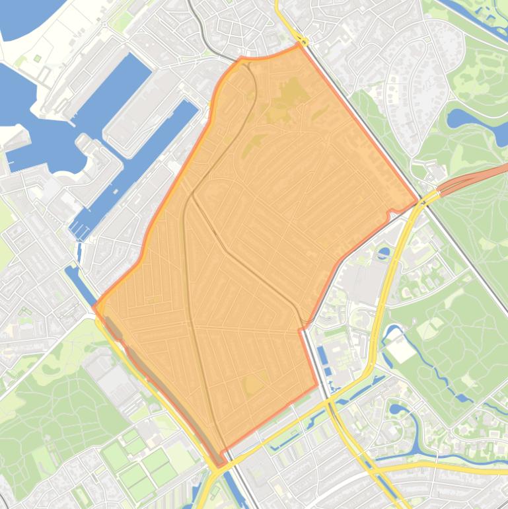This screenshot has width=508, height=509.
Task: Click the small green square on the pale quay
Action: [x=38, y=58]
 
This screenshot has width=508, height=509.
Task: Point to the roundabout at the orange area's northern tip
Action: [x=301, y=42]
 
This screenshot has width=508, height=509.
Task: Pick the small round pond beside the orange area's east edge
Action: [x=384, y=253]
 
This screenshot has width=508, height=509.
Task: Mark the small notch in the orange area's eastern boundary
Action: [x=391, y=212]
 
